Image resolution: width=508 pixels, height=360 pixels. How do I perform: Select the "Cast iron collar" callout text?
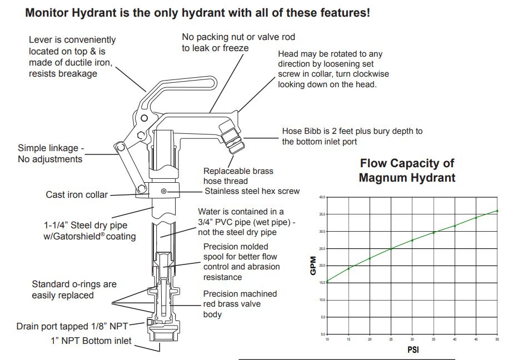[x=76, y=195]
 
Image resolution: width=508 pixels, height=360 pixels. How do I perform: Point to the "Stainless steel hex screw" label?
[x=252, y=191]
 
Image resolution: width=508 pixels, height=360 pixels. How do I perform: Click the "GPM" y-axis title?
[x=313, y=266]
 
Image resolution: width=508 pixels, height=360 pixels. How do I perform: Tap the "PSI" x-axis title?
[x=412, y=351]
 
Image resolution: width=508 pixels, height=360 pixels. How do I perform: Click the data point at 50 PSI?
[x=497, y=211]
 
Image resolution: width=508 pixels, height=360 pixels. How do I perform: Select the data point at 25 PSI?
[x=391, y=248]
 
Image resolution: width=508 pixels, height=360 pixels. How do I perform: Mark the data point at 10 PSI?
[x=327, y=281]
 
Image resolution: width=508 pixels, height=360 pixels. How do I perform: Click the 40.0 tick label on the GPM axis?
[x=322, y=197]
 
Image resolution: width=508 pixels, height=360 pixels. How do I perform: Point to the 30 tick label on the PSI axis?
[x=412, y=339]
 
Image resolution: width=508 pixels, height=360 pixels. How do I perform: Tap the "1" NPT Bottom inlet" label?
[x=91, y=340]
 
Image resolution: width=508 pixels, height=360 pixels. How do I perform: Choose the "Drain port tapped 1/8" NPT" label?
[x=80, y=326]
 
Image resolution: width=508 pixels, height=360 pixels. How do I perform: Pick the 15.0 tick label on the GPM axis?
[x=322, y=282]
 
